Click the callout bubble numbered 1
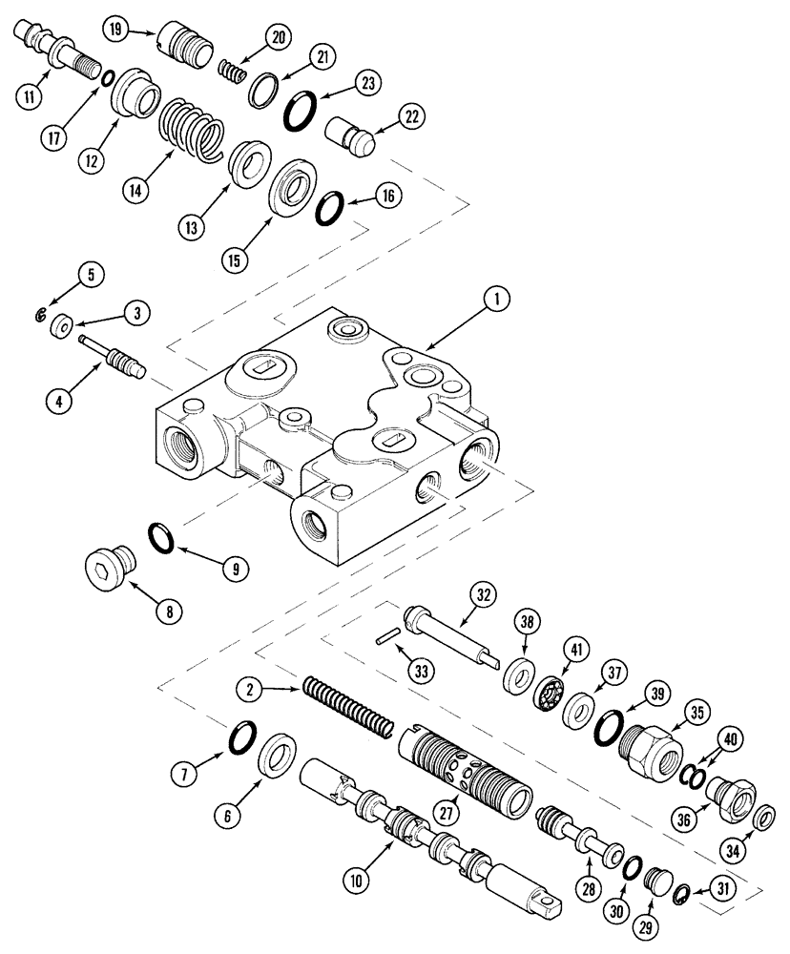(x=494, y=301)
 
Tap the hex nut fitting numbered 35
(x=644, y=742)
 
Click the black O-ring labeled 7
(x=243, y=737)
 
